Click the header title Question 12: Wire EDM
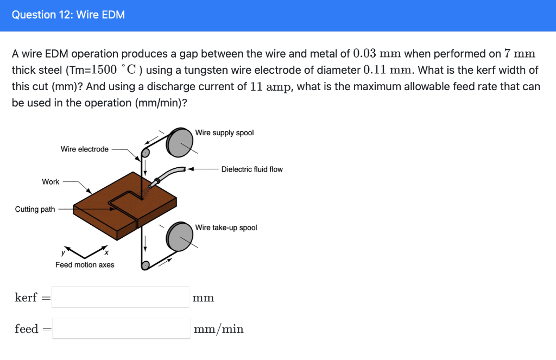tap(68, 15)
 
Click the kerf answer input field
tap(121, 297)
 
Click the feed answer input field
tap(121, 329)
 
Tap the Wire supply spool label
tap(224, 133)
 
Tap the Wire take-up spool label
tap(226, 228)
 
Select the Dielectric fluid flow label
tap(252, 169)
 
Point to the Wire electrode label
tap(85, 149)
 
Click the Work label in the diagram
tap(50, 182)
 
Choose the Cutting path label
tap(35, 210)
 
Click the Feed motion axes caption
tap(85, 265)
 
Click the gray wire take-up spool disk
tap(180, 237)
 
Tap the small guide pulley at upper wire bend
tap(145, 153)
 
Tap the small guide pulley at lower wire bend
tap(145, 265)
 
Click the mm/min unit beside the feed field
tap(219, 329)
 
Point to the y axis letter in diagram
tap(63, 252)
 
